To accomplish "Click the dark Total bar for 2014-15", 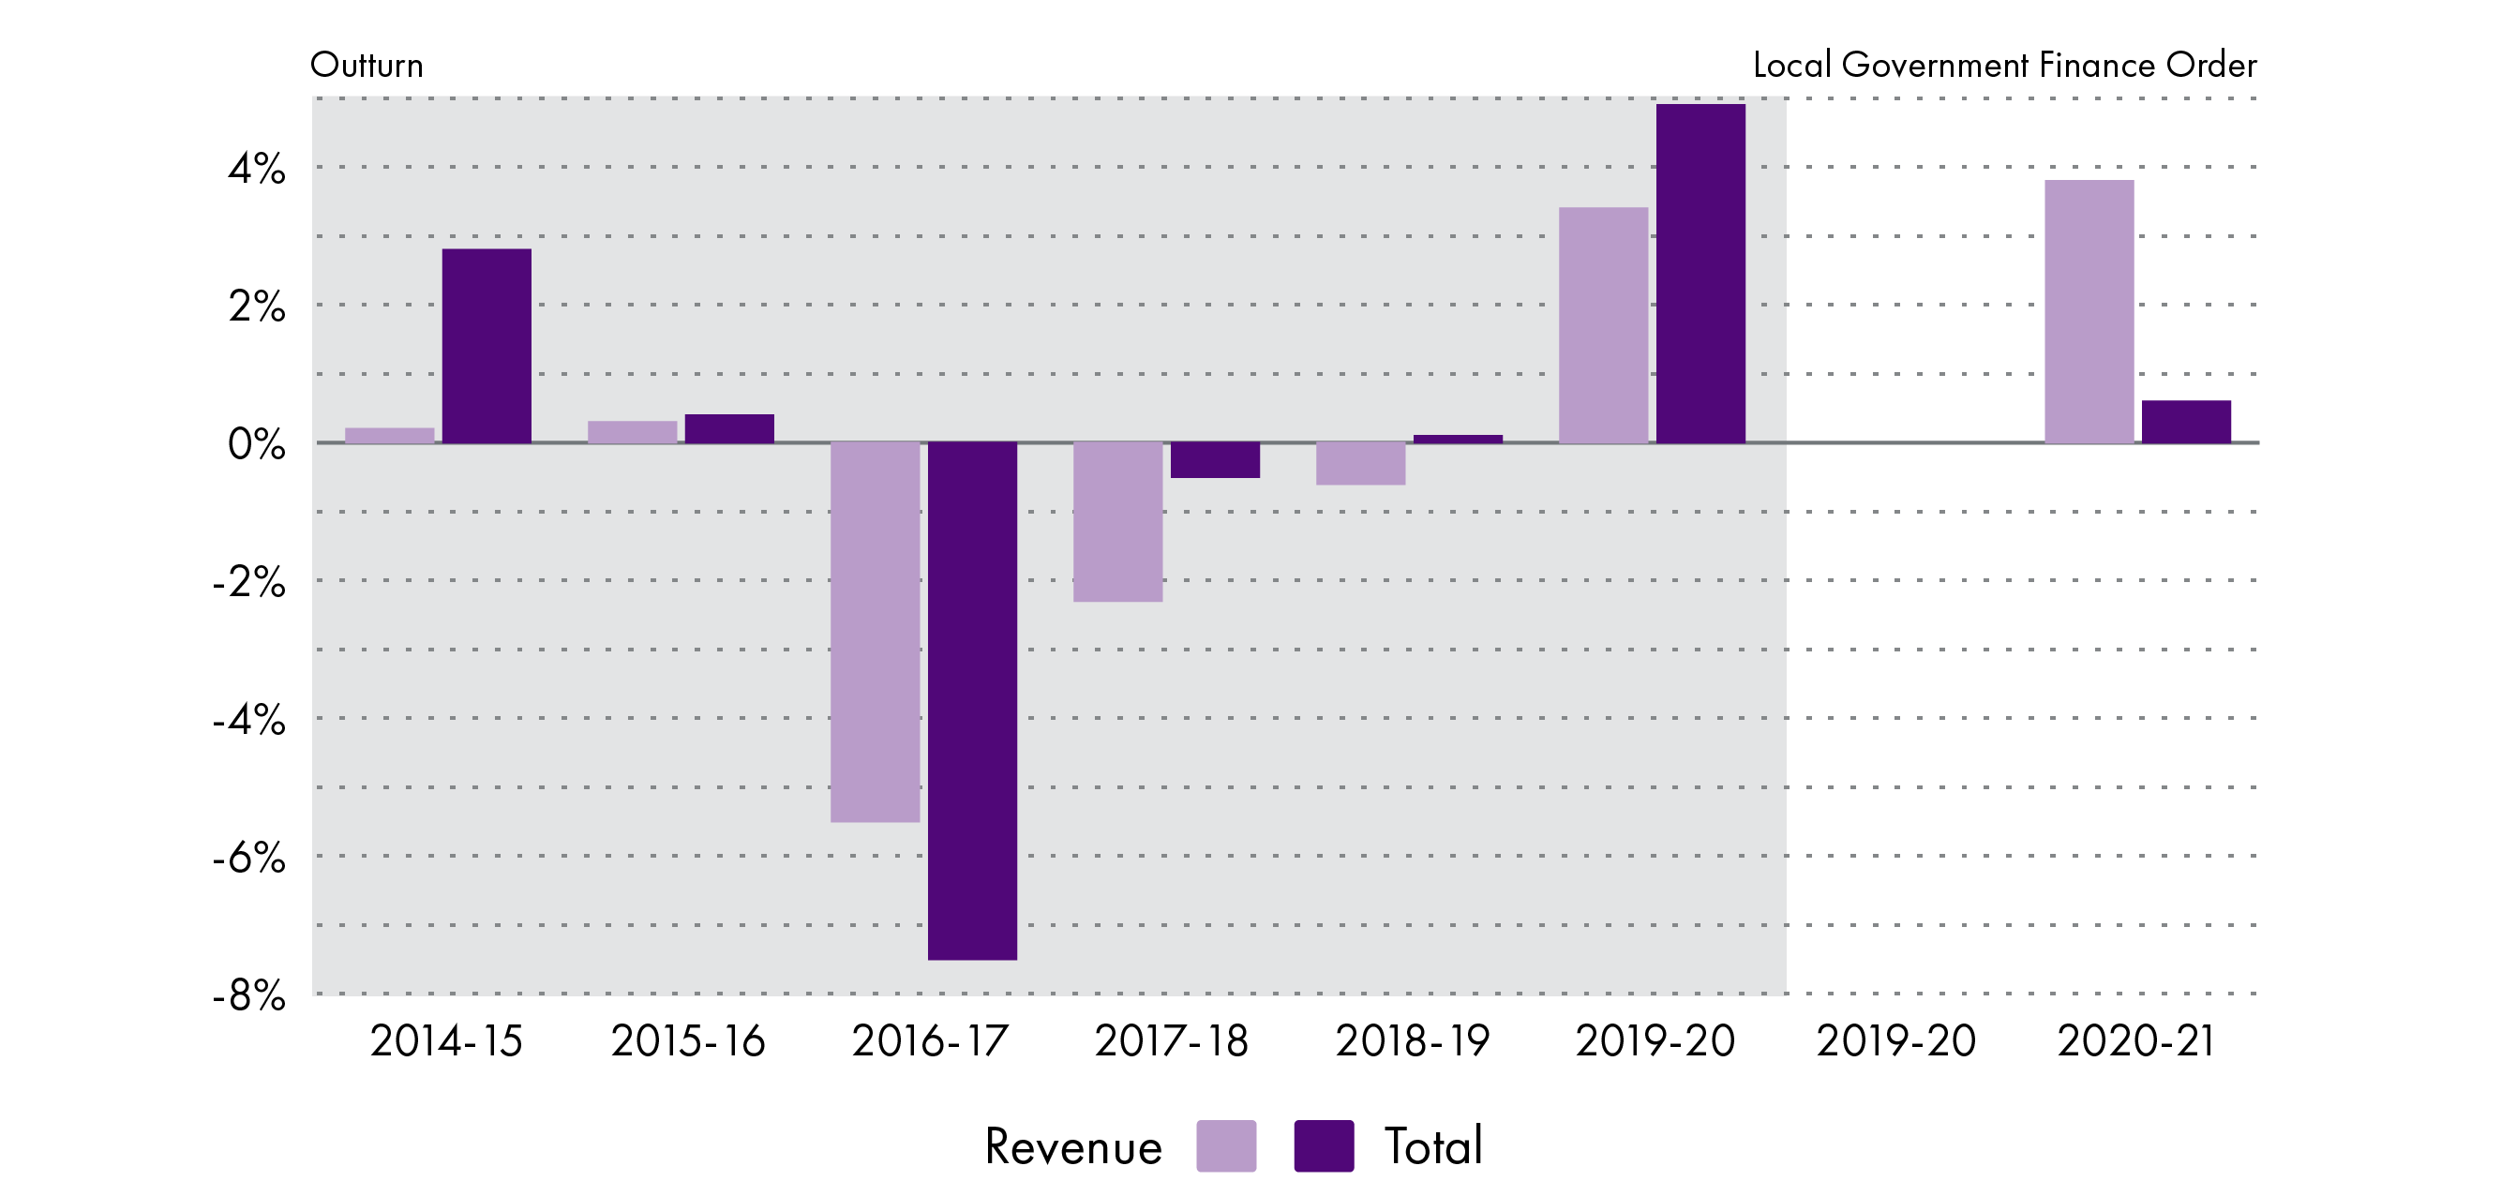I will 487,346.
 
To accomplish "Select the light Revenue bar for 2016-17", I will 875,632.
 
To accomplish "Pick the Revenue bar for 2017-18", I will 1117,522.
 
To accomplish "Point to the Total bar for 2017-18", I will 1215,460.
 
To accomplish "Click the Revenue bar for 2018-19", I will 1360,464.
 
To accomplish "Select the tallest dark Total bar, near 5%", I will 1700,273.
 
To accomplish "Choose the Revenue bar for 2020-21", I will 2089,311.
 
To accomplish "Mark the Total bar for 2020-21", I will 2185,423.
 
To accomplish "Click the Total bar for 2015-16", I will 729,429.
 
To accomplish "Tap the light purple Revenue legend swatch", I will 1225,1145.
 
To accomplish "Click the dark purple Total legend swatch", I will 1324,1145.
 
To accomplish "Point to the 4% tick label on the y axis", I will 256,169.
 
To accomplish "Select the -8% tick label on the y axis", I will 248,996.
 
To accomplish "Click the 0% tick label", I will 256,444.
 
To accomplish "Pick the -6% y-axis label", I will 248,859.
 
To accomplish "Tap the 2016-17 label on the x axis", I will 929,1041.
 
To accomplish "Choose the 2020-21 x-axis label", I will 2135,1041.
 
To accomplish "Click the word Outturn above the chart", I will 366,65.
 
